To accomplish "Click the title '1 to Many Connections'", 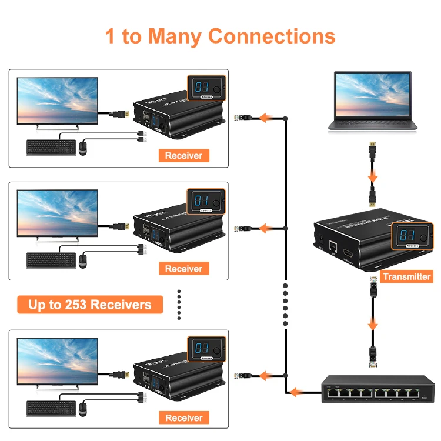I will point(220,36).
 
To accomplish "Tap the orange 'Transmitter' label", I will point(406,276).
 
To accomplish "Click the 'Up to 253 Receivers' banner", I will point(90,305).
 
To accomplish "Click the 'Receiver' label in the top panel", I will point(183,156).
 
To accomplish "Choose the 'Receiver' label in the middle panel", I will point(183,269).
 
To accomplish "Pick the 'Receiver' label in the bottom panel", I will point(183,418).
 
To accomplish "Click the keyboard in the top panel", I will point(51,147).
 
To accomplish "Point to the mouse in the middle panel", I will point(83,260).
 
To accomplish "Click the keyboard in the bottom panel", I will point(51,409).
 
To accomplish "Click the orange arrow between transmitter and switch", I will point(372,323).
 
